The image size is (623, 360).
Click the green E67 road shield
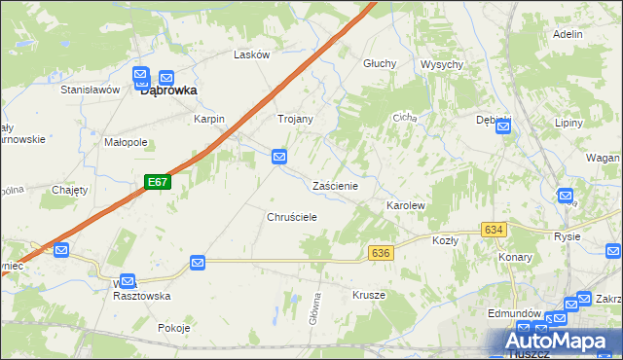(159, 182)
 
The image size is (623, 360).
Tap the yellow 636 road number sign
(381, 253)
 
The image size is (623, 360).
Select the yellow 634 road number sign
(494, 230)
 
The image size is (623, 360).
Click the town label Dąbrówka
(169, 90)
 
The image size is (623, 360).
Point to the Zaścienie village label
(336, 185)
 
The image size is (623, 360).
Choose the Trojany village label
(296, 119)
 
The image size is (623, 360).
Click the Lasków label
(251, 55)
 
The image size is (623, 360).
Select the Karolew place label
(406, 207)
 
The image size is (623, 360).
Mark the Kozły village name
(445, 239)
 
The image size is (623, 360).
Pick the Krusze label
(369, 295)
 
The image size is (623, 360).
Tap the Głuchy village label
(380, 63)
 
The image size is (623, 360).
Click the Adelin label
(567, 34)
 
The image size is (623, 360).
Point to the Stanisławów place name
(90, 90)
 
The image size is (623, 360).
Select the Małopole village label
(126, 142)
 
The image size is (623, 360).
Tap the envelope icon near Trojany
(279, 156)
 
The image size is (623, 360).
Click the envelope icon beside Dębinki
(502, 126)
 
